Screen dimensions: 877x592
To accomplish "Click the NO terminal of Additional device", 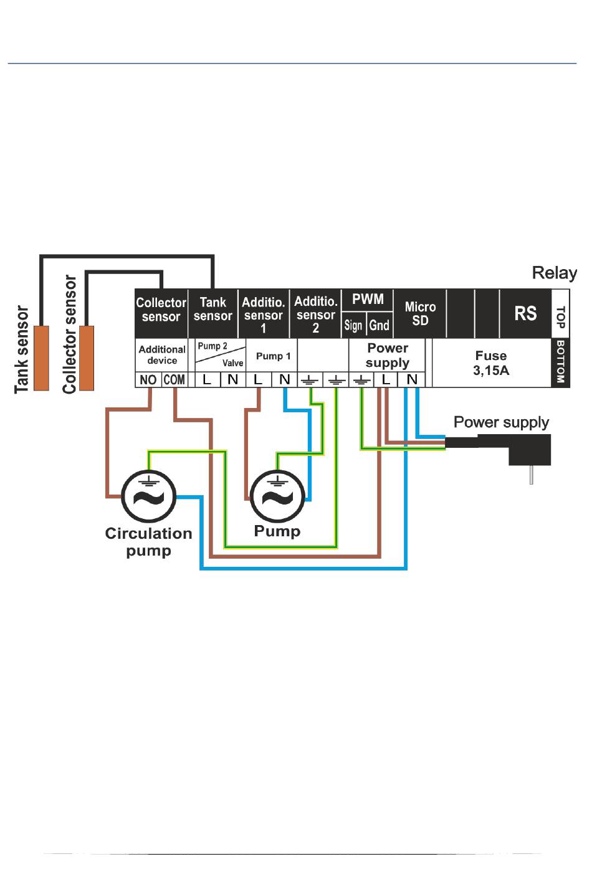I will [x=148, y=379].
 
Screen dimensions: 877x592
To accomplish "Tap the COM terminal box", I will [x=174, y=379].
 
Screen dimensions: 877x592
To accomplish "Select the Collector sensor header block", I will [x=161, y=310].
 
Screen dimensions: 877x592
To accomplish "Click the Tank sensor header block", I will [x=213, y=310].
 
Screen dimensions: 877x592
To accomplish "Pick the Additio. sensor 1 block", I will [x=264, y=313].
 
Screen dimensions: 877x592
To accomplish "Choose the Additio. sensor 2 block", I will [x=316, y=313].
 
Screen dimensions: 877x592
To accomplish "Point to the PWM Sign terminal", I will [x=353, y=325].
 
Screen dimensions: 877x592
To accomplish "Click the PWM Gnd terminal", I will [x=380, y=325].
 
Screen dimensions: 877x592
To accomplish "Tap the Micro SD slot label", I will [x=420, y=313].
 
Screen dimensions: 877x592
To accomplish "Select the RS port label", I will [x=525, y=313].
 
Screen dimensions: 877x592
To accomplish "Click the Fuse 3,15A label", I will [x=491, y=363].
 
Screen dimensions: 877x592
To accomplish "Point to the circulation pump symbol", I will [x=148, y=496].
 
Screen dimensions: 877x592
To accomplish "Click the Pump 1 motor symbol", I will [x=277, y=496].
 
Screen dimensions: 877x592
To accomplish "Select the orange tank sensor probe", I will [x=41, y=358].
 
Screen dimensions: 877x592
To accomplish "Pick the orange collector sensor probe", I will [x=87, y=358].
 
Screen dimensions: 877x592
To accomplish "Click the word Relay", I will [x=554, y=273].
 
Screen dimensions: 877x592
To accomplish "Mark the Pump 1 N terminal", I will [x=284, y=379].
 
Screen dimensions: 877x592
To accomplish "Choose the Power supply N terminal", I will [x=412, y=379].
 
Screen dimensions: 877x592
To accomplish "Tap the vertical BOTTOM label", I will [x=560, y=362].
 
